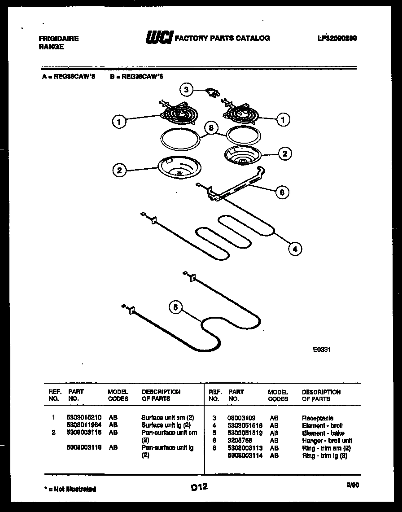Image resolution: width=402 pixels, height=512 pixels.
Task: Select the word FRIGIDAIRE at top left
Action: (x=58, y=39)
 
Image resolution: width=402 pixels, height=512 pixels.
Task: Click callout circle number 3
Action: (x=187, y=89)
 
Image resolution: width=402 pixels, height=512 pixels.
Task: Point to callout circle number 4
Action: (x=295, y=249)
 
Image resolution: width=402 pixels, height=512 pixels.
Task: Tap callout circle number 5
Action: (x=176, y=307)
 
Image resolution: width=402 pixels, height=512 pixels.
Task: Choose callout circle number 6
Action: (x=282, y=193)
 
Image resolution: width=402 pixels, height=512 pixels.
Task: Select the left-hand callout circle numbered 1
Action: (x=119, y=121)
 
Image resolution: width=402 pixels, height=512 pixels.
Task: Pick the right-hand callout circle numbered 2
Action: (x=284, y=153)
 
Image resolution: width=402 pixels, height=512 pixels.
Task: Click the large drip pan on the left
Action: (x=179, y=169)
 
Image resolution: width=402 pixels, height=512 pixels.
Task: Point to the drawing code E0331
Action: (x=322, y=349)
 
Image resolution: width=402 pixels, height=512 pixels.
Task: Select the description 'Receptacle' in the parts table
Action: (x=317, y=418)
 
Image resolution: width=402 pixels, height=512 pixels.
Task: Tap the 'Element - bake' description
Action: (x=323, y=433)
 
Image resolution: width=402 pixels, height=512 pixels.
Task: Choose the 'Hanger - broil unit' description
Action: (x=327, y=441)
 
